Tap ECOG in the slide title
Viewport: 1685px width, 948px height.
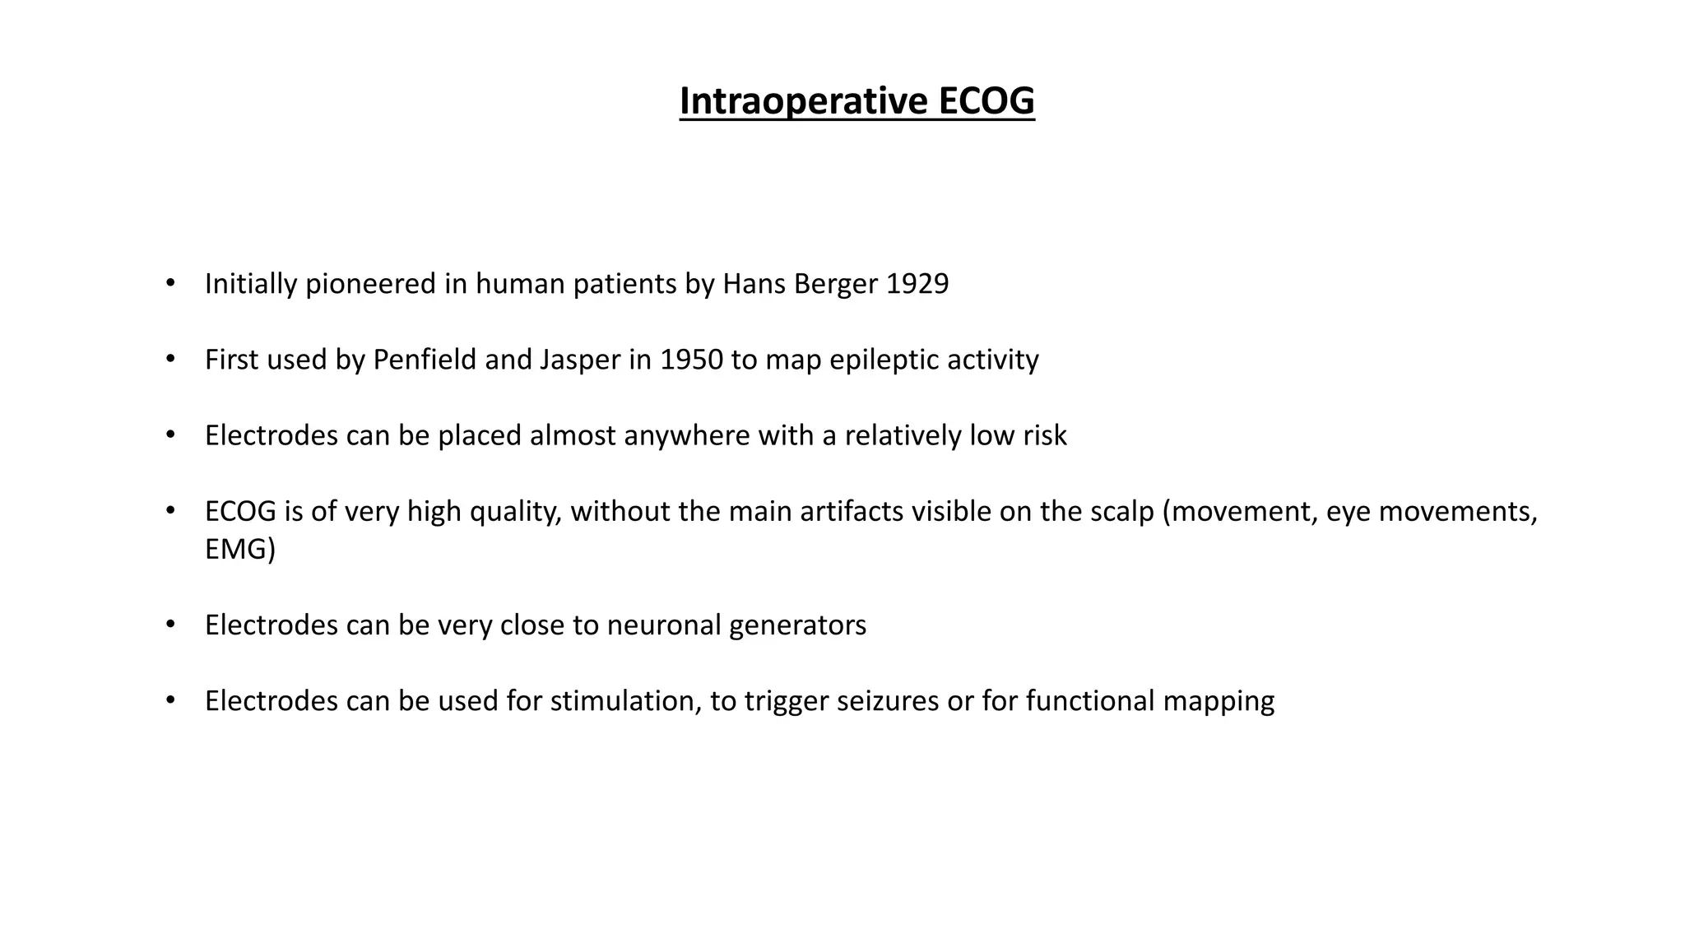(986, 101)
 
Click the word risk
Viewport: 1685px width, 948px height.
(1044, 435)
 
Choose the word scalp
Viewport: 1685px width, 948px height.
(1122, 512)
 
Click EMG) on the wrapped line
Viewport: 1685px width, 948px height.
(240, 549)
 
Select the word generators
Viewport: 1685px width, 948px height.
(797, 625)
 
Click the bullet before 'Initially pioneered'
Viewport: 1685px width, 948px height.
(170, 284)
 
